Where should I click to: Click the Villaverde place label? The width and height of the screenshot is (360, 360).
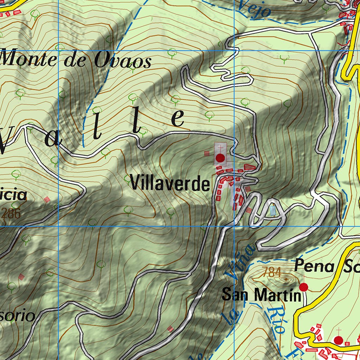coord(170,184)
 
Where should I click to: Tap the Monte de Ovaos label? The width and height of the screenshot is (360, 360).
coord(76,60)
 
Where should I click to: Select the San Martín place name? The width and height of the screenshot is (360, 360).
coord(262,295)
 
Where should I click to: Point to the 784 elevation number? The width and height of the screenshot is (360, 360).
coord(272,272)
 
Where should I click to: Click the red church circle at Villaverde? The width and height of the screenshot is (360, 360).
coord(220,158)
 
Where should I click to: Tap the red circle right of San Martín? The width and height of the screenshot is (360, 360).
coord(303,287)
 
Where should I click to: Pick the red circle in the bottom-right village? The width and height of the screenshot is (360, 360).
coord(339,340)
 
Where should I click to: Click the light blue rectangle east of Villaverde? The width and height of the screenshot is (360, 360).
coord(273,211)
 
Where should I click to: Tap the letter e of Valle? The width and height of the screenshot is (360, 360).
coord(178,118)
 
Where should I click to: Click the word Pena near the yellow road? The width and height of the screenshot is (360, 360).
coord(314,266)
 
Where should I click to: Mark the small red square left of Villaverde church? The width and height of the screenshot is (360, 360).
coord(207,154)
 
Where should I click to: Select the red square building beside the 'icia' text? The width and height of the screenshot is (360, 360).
coord(47,199)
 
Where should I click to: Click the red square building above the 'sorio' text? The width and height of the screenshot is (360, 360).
coord(22,277)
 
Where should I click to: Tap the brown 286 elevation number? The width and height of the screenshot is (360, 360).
coord(11,213)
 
